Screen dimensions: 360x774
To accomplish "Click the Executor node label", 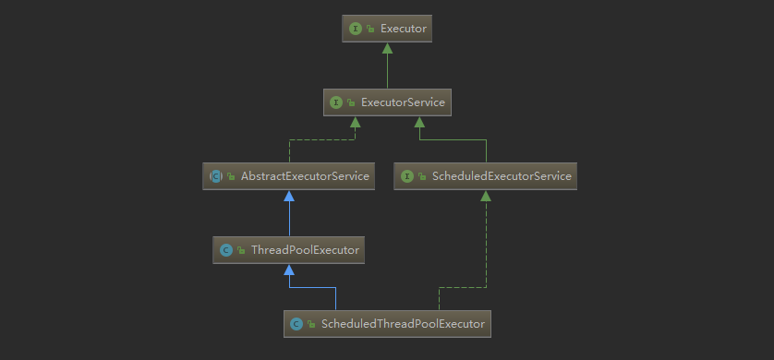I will click(x=403, y=29).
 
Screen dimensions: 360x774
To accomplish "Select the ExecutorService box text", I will click(x=403, y=102).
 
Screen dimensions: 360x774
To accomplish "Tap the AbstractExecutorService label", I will click(x=305, y=175).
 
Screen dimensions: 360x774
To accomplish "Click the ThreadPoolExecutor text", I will click(x=298, y=249).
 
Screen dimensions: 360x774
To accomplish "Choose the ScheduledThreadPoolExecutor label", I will click(x=402, y=324).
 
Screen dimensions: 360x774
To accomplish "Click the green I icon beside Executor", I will click(x=356, y=29).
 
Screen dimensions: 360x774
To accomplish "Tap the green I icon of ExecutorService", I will click(x=336, y=102).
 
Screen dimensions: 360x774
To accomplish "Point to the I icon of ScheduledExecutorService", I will click(x=406, y=175).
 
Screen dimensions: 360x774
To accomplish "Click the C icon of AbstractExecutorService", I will click(x=215, y=175).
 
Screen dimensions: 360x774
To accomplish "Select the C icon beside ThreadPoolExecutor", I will click(x=225, y=249).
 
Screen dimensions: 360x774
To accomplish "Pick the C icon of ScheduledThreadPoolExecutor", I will click(x=296, y=324).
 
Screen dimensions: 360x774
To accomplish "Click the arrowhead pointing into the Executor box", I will click(x=387, y=47).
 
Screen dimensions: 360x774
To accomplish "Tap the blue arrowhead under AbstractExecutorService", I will click(x=289, y=196).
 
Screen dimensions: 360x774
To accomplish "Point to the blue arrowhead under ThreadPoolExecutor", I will click(x=289, y=270).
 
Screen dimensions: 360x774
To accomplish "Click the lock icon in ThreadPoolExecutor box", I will click(x=240, y=249).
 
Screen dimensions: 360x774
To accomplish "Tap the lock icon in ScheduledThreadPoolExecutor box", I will click(x=310, y=324).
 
